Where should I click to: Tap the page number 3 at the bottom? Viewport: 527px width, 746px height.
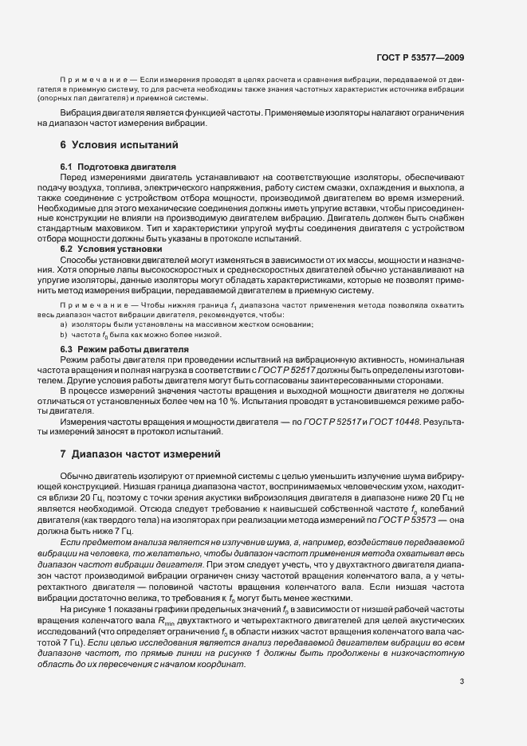coord(462,702)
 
